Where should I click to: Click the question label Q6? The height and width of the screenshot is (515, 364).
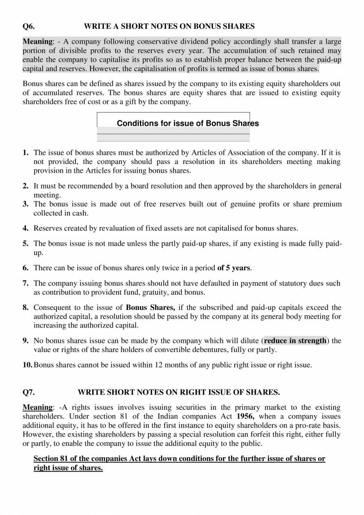click(29, 25)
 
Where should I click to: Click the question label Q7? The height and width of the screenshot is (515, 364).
click(29, 392)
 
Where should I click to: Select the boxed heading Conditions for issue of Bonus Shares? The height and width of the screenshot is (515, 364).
click(188, 123)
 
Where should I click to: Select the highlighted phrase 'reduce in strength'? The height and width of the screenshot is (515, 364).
click(295, 340)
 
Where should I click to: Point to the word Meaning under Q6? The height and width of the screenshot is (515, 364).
click(37, 41)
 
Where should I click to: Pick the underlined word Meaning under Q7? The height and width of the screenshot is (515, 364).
click(37, 407)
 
